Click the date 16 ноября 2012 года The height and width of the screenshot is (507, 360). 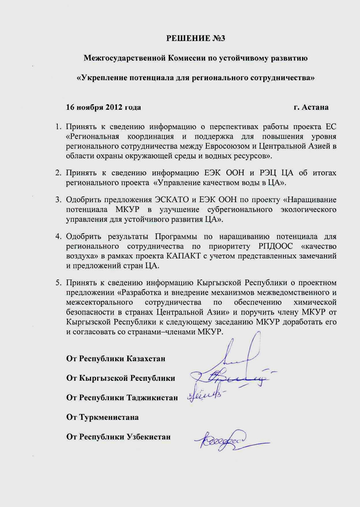(103, 107)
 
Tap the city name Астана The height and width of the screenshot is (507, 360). (316, 107)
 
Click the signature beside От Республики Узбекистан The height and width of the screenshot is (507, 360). (222, 441)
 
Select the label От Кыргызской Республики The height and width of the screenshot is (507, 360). (120, 378)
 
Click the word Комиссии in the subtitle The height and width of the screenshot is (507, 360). (189, 58)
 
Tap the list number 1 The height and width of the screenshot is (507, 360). (58, 126)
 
